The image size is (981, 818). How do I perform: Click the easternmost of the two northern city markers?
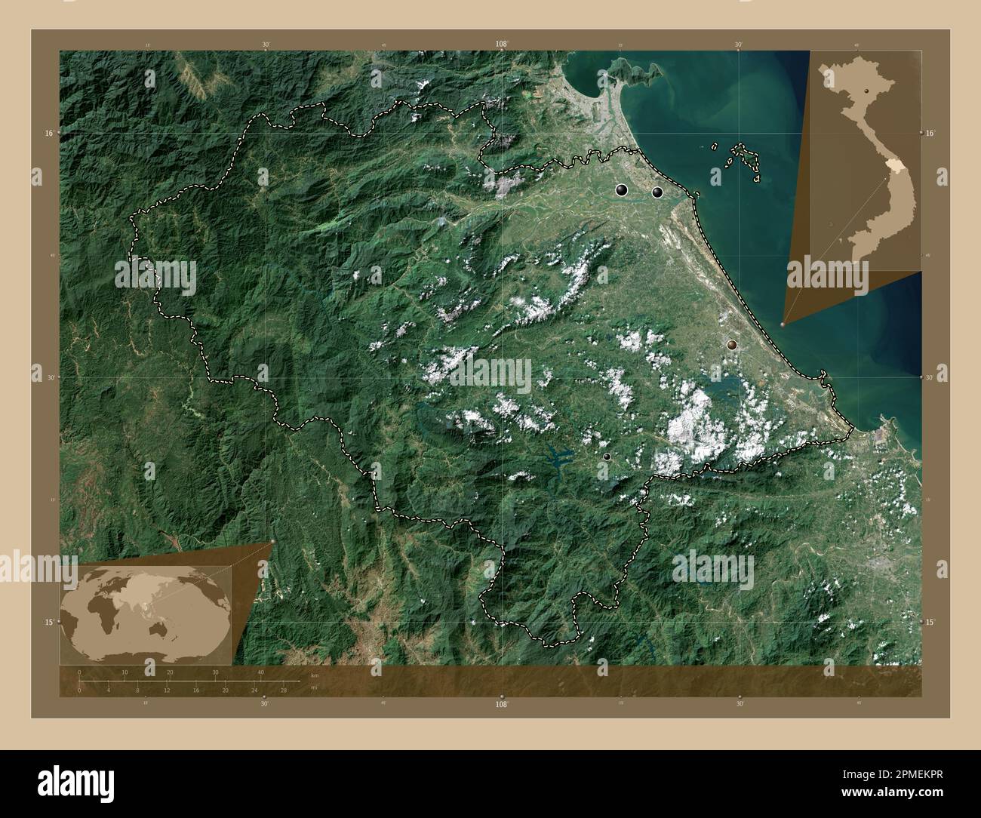click(x=657, y=192)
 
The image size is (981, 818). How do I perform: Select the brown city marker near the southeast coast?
click(x=731, y=345)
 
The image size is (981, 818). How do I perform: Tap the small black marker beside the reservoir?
click(x=606, y=457)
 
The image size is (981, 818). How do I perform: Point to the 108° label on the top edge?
click(x=501, y=45)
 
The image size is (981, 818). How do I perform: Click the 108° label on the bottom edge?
click(x=501, y=703)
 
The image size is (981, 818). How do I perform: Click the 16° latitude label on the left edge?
click(x=48, y=133)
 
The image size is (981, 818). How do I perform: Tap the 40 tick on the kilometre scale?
click(x=261, y=672)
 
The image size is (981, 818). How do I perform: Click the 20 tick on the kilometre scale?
click(x=171, y=672)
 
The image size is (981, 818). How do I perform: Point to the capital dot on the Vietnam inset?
click(x=868, y=90)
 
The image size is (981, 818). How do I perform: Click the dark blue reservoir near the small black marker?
click(x=559, y=455)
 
